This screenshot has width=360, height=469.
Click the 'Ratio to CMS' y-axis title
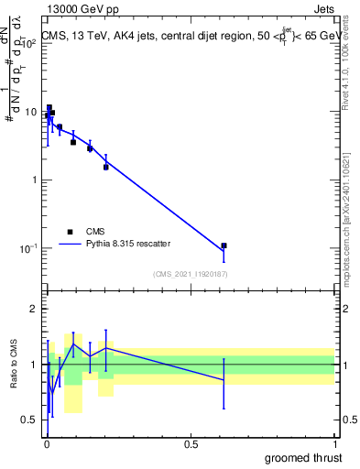[x=14, y=365]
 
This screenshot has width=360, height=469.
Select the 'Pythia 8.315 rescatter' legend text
[x=125, y=245]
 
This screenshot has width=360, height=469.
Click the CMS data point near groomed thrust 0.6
[x=224, y=245]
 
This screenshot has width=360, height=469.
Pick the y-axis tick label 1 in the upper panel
[x=36, y=180]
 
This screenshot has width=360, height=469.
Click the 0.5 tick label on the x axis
[x=191, y=444]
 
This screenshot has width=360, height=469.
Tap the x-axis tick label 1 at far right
[x=334, y=444]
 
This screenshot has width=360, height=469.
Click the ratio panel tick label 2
[x=36, y=309]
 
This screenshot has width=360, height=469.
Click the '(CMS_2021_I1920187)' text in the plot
[x=190, y=273]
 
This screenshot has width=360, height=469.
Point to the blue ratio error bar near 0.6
[x=224, y=379]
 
